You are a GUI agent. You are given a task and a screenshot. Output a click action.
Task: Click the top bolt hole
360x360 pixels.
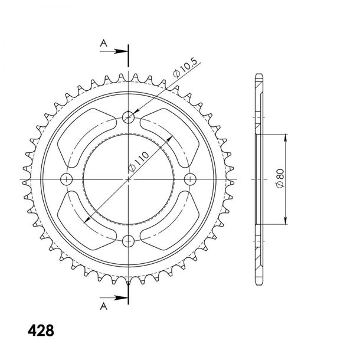coord(128,117)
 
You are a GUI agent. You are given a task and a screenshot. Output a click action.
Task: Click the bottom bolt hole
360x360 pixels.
coord(128,241)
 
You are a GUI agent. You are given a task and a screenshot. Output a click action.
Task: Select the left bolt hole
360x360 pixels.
coord(66,179)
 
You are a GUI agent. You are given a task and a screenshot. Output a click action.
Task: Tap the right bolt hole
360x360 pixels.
coord(191,179)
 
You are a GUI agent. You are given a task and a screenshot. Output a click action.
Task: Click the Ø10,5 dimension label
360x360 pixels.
coord(185,68)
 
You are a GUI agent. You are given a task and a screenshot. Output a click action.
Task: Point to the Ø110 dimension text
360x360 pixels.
coord(139,161)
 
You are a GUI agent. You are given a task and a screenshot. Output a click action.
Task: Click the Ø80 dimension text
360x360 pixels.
coord(280,179)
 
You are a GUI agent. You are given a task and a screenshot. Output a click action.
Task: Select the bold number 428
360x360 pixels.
coord(41,330)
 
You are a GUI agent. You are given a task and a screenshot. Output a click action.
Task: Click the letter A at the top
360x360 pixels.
coord(103,43)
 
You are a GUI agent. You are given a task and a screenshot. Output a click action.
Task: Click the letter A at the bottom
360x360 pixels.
coord(103,306)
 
